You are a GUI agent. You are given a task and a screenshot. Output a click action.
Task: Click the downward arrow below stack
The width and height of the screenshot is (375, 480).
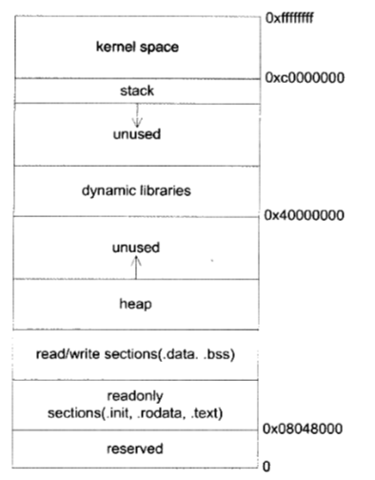point(135,116)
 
